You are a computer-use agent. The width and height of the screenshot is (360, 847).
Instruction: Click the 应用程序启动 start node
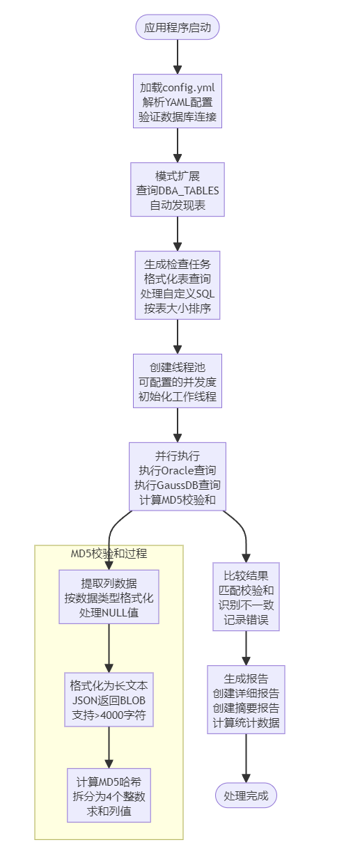coord(178,28)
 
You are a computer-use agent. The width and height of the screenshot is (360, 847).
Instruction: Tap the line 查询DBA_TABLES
coord(178,189)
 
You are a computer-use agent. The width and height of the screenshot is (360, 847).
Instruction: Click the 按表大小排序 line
coord(178,309)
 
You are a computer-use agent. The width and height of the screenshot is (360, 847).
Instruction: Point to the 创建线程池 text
coord(178,366)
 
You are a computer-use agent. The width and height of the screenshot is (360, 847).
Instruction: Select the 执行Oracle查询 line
coord(178,470)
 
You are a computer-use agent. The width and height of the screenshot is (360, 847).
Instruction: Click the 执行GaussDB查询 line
coord(178,485)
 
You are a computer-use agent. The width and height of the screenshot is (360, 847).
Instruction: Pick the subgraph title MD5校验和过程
coord(109,554)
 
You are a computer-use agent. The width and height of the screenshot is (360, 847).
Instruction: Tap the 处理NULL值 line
coord(109,612)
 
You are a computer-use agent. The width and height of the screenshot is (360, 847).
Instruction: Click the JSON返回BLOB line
coord(109,700)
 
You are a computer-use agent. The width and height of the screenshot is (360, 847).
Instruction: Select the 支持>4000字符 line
coord(109,715)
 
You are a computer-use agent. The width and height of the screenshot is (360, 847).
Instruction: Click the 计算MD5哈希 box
coord(109,795)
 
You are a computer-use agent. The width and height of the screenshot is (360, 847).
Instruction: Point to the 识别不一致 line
coord(246,605)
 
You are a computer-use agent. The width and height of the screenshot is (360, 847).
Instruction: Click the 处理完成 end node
coord(246,795)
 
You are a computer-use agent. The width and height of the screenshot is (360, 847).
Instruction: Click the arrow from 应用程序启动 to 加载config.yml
coord(178,56)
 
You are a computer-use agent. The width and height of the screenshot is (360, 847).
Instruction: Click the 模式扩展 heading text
coord(178,174)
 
